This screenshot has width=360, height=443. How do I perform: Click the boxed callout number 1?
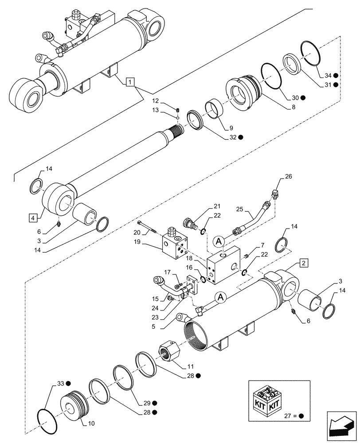(129, 82)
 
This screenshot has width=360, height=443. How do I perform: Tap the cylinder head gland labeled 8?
(243, 92)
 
